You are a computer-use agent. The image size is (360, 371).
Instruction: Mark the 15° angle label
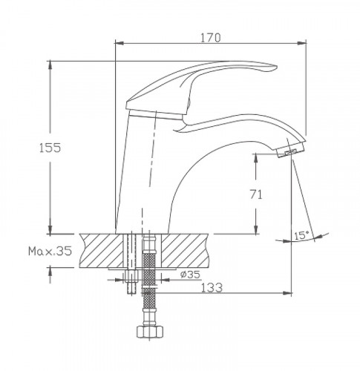(301, 235)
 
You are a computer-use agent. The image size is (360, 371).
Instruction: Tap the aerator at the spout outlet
(287, 153)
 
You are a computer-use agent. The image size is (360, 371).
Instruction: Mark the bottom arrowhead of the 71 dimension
(256, 229)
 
